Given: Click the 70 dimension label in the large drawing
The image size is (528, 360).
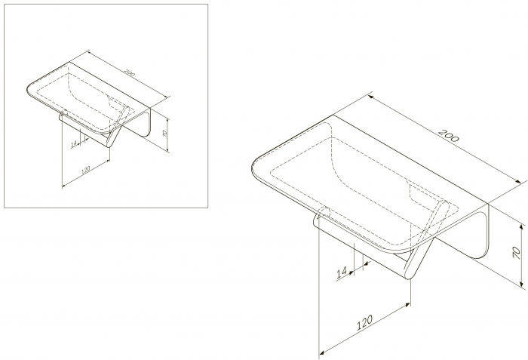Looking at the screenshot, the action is point(516,252).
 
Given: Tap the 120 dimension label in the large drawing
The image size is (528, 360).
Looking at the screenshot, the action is point(364,322).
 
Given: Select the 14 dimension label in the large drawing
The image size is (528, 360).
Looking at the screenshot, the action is point(342,272).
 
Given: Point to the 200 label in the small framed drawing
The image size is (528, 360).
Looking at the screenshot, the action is point(129,72).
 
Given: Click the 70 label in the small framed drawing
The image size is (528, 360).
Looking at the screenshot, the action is point(164,134).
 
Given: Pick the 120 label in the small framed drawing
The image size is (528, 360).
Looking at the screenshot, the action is point(85,170).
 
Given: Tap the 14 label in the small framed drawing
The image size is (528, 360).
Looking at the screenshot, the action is point(74,145).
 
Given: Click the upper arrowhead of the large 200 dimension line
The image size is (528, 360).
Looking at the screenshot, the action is point(371,97).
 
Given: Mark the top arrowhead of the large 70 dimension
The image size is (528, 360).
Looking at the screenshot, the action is point(522,227).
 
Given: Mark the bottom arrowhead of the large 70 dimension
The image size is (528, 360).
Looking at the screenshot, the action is point(522,285).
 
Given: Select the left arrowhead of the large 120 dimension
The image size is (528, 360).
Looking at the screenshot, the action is point(322,352).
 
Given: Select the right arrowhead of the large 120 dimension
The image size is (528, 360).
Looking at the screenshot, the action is point(407,306).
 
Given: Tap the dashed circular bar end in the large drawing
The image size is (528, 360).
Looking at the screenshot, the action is point(324,211).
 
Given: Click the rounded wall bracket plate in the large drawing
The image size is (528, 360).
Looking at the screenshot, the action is point(480,236).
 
